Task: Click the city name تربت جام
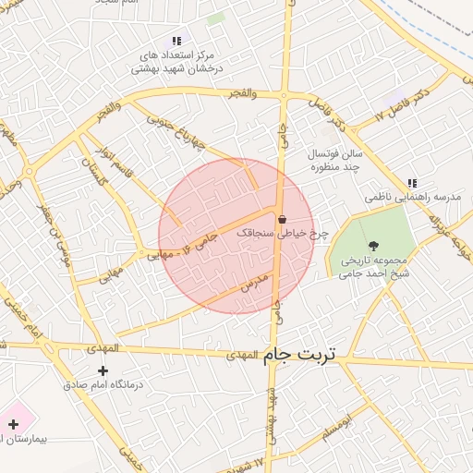click(x=301, y=354)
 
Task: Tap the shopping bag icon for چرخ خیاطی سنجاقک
click(x=281, y=219)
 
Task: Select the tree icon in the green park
click(x=373, y=245)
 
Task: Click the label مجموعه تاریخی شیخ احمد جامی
click(x=373, y=266)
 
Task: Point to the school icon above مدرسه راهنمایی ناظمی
click(x=411, y=183)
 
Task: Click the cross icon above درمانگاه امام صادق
click(x=102, y=370)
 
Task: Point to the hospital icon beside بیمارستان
click(x=12, y=424)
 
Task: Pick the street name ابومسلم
click(x=339, y=427)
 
